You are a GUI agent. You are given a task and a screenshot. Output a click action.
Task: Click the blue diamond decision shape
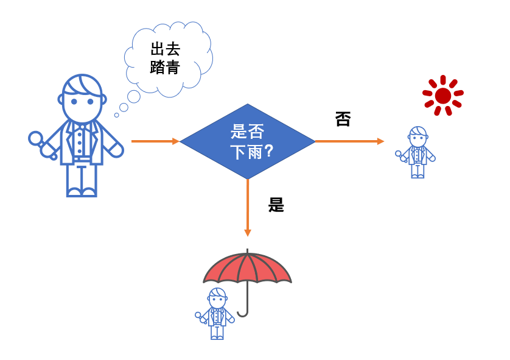[x=248, y=141]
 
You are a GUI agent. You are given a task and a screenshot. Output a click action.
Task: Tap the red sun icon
[x=442, y=96]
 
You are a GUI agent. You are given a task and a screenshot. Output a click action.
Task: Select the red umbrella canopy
[x=247, y=268]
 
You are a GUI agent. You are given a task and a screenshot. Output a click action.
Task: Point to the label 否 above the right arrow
[x=343, y=119]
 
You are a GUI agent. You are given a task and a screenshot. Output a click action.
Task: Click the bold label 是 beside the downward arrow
[x=276, y=205]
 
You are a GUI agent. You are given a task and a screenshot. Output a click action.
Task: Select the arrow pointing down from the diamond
[x=248, y=208]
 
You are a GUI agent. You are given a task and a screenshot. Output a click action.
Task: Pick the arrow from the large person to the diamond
[x=155, y=141]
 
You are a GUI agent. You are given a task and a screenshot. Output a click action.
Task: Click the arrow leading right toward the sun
[x=350, y=141]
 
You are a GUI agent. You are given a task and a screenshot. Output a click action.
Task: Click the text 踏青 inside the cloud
[x=165, y=68]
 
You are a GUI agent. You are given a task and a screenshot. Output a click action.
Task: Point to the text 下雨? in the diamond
[x=252, y=152]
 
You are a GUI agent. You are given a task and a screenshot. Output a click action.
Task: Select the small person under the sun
[x=415, y=152]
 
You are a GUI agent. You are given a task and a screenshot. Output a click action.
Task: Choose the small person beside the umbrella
[x=215, y=314]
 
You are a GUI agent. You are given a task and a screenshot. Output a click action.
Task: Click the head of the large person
[x=82, y=98]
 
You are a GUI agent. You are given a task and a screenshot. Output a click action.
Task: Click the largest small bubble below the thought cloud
[x=134, y=97]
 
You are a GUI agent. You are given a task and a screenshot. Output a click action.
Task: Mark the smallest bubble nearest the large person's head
[x=116, y=115]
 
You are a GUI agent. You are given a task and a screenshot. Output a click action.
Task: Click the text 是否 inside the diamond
[x=247, y=132]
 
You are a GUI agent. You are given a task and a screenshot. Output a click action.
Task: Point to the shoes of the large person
[x=82, y=192]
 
